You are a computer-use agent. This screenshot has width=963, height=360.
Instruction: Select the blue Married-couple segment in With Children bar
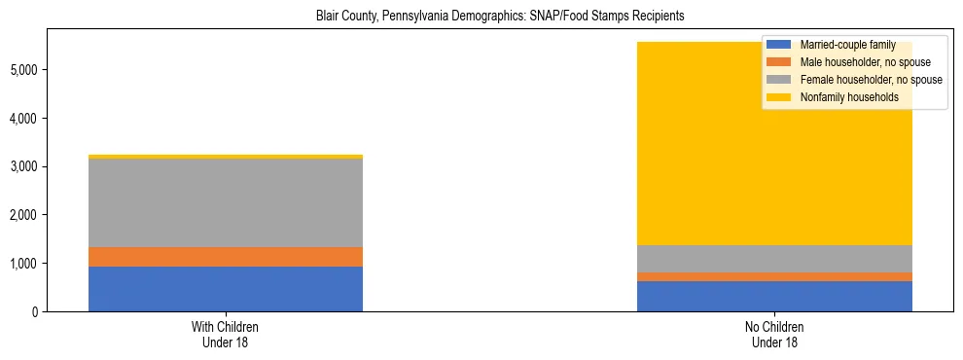click(226, 289)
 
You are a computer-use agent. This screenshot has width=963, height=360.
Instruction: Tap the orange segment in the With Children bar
click(226, 257)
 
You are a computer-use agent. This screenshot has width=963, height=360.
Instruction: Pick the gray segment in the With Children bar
click(226, 202)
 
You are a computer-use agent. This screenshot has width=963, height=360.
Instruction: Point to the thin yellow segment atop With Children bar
click(226, 157)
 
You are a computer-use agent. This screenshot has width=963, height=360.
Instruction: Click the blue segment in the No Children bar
click(774, 296)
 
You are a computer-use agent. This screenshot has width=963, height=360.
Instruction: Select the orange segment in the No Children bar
click(774, 277)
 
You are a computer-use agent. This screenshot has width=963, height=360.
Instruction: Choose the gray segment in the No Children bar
click(774, 259)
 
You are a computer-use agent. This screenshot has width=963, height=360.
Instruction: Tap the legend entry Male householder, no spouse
click(852, 62)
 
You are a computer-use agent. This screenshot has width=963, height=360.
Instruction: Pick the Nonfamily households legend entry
click(842, 97)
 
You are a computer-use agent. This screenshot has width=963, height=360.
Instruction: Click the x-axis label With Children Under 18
click(225, 335)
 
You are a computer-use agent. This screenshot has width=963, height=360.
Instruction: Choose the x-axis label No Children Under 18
click(774, 335)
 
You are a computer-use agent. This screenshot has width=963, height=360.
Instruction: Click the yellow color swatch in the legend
click(779, 97)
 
